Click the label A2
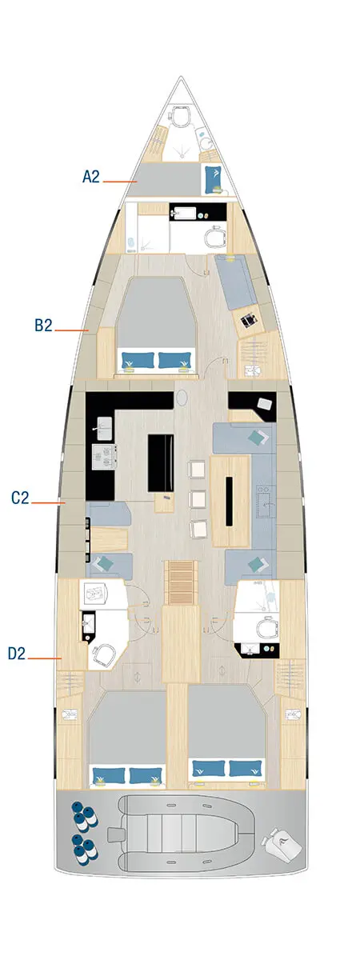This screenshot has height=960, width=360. click(x=91, y=177)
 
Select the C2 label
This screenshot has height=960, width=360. click(x=20, y=498)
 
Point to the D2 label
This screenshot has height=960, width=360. click(x=17, y=654)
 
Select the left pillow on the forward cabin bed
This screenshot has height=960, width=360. click(x=136, y=360)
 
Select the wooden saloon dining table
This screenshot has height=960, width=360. click(x=229, y=501)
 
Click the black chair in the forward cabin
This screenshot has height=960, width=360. click(x=249, y=319)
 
